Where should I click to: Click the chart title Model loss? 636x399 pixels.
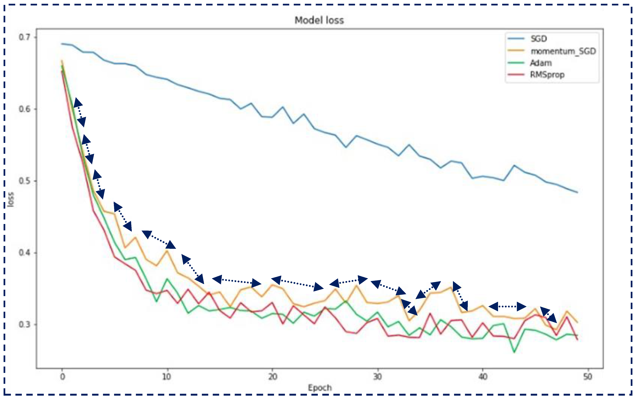tap(319, 20)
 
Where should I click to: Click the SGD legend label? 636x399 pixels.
tap(539, 39)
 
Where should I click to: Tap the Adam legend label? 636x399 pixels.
tap(541, 63)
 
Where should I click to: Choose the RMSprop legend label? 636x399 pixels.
tap(547, 75)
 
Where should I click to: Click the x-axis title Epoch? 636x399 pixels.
tap(320, 388)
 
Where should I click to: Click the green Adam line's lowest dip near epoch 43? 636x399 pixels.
tap(514, 352)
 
